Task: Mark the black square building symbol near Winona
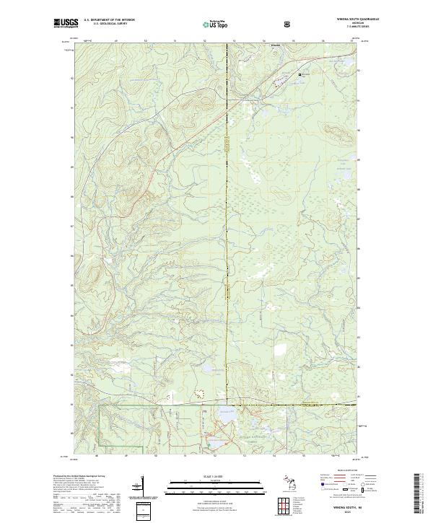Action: point(301,74)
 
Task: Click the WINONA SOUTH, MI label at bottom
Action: point(354,509)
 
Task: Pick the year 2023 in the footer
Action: point(354,514)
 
